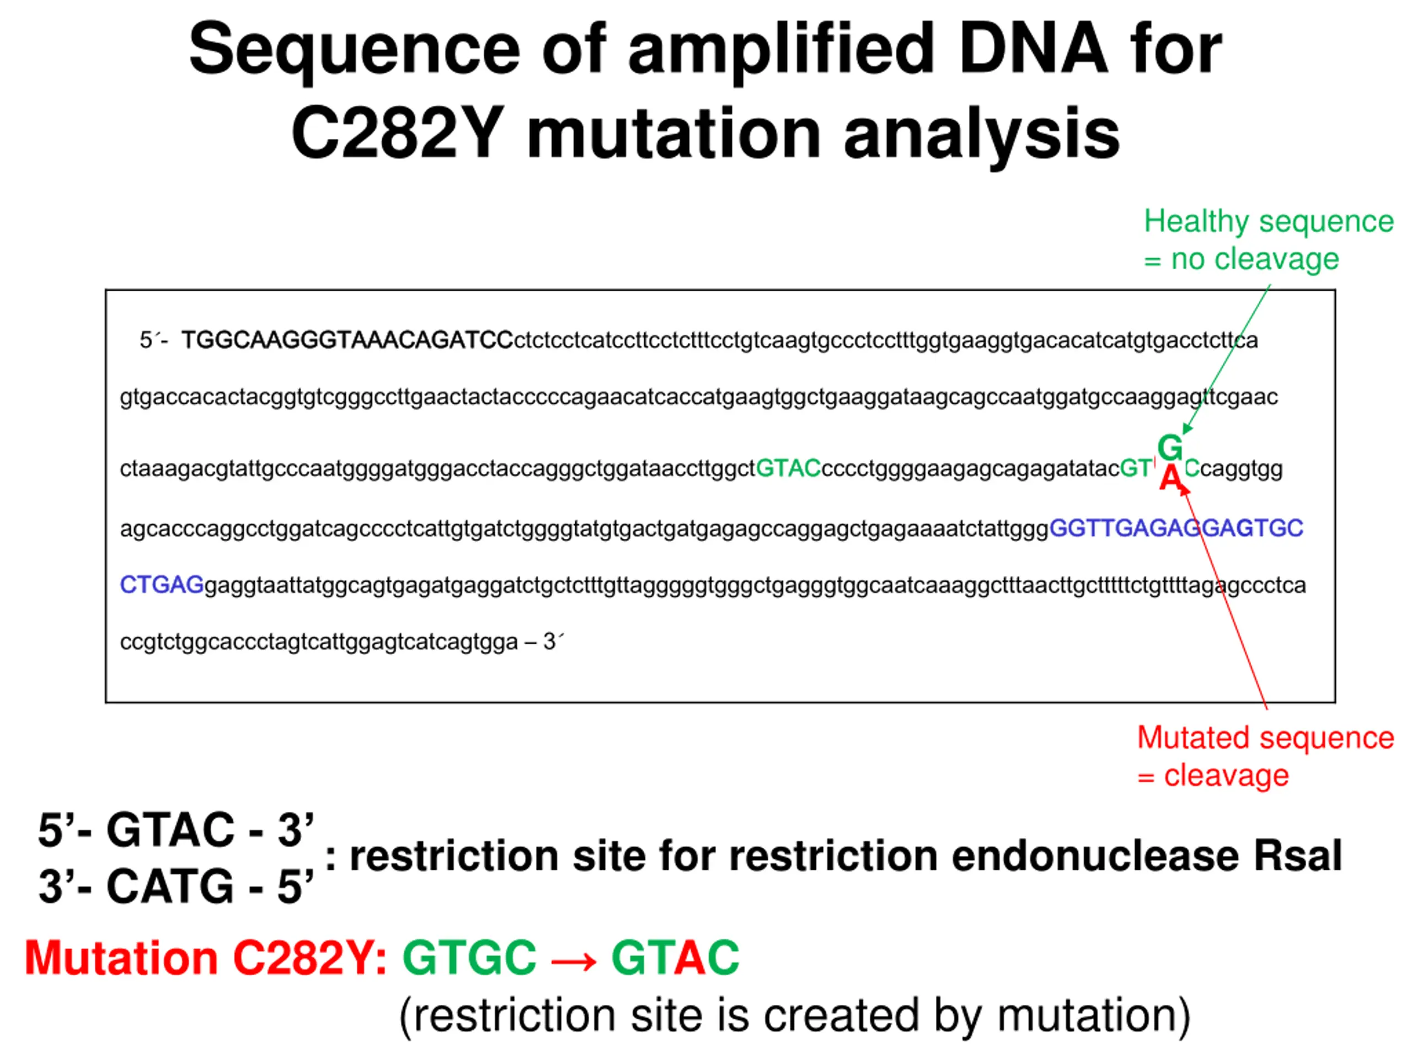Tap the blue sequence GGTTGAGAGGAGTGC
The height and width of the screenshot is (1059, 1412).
[1176, 528]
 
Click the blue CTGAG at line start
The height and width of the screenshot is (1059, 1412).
[162, 585]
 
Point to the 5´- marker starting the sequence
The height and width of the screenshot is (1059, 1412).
[153, 341]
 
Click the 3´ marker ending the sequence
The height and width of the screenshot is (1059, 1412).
[553, 641]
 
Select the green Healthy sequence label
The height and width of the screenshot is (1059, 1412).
[1267, 222]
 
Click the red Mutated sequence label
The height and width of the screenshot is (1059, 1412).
[1265, 738]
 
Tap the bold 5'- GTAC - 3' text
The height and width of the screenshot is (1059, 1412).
[175, 831]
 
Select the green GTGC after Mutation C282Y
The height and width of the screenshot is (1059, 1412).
[469, 958]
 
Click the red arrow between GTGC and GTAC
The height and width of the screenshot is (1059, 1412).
[573, 959]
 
